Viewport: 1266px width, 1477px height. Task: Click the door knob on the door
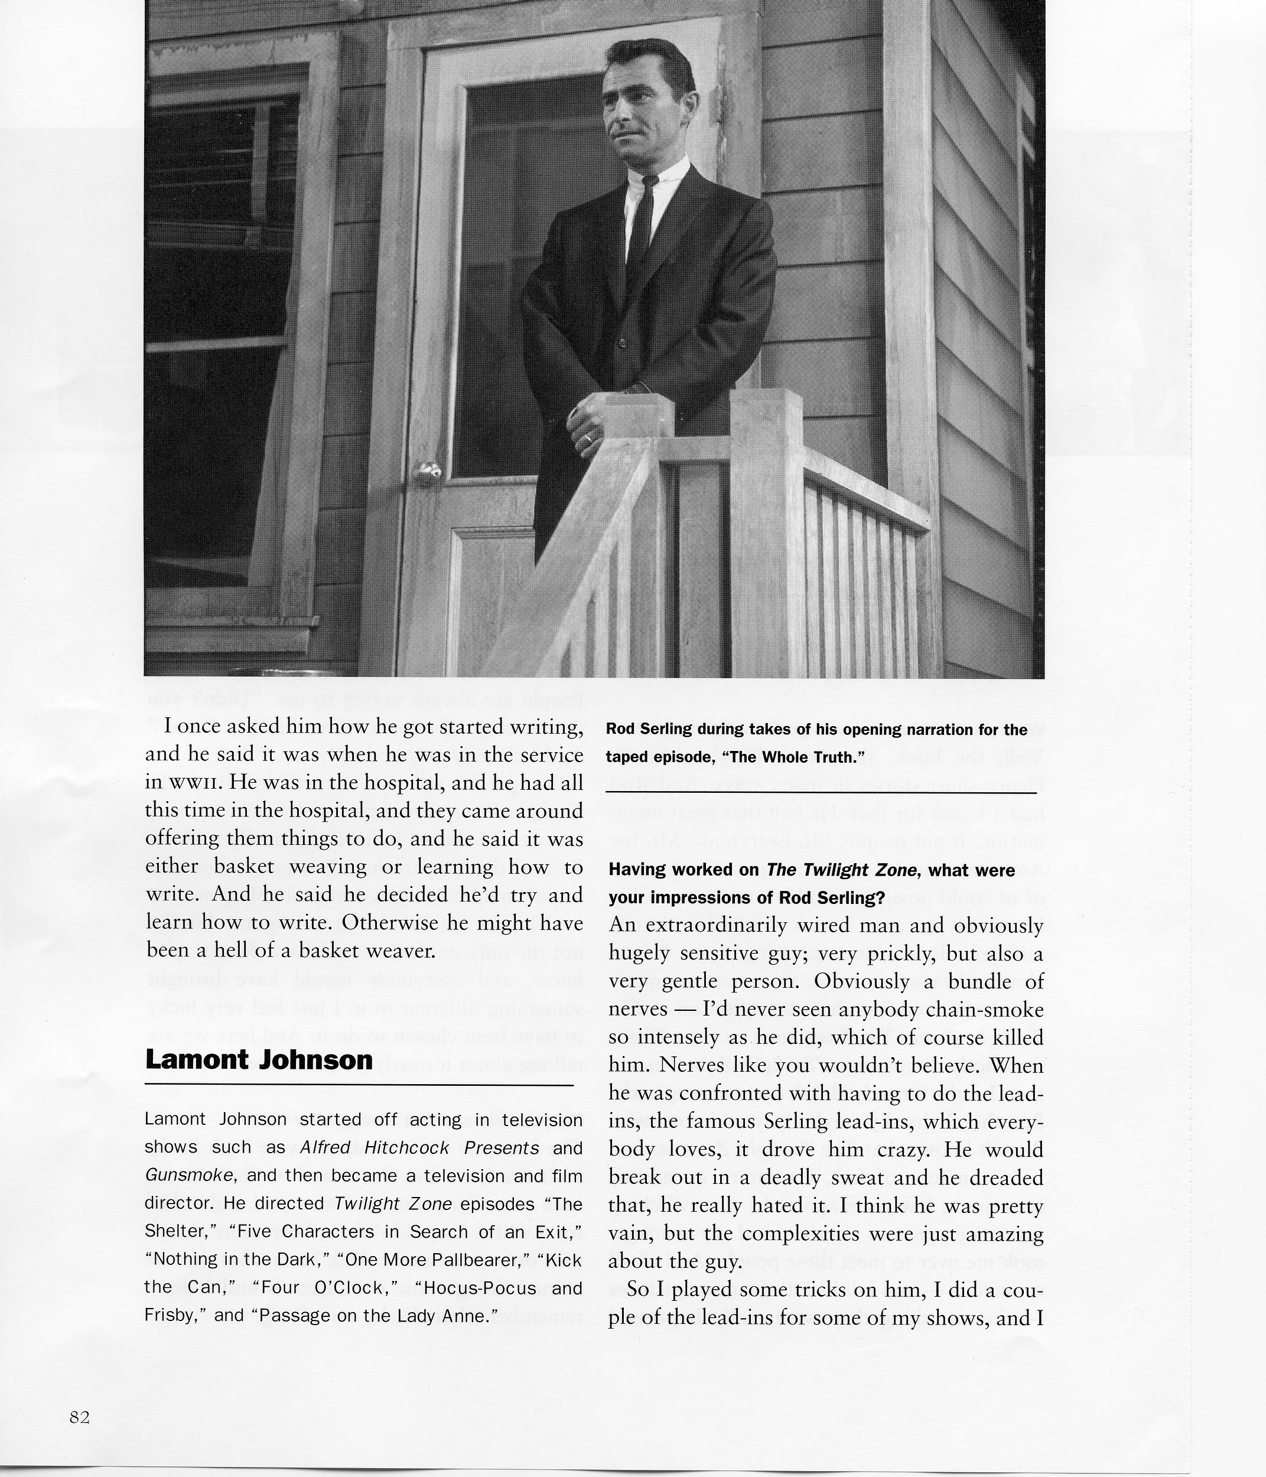(428, 472)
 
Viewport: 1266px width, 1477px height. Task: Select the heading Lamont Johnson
(259, 1060)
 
